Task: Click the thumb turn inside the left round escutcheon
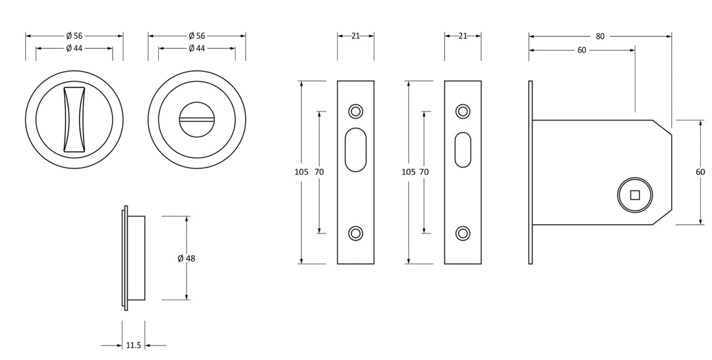pos(74,119)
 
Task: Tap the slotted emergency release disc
pos(196,119)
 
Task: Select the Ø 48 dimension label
pos(186,258)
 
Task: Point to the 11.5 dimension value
pos(133,345)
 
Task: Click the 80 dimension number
pos(600,36)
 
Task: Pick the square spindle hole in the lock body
pos(635,195)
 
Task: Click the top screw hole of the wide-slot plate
pos(355,111)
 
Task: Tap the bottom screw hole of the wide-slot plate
pos(355,233)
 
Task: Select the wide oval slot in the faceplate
pos(355,150)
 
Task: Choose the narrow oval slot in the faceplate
pos(463,150)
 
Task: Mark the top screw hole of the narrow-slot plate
pos(463,111)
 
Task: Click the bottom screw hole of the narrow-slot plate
pos(463,233)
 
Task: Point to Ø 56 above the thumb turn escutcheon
pos(74,36)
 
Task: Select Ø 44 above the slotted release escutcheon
pos(196,48)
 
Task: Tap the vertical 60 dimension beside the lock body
pos(700,172)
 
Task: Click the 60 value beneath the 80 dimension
pos(581,50)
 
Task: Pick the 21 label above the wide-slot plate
pos(355,36)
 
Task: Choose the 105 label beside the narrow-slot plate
pos(409,172)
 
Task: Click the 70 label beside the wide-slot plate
pos(319,172)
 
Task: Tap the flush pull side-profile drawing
pos(134,258)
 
